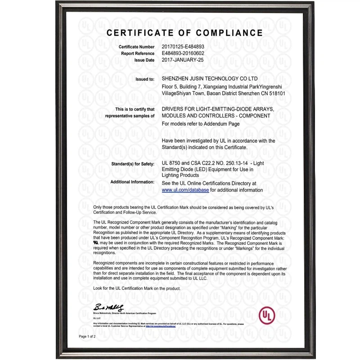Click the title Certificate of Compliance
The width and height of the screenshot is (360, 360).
(184, 33)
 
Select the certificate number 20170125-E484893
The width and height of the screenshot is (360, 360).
(183, 47)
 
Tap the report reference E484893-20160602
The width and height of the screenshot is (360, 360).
(183, 53)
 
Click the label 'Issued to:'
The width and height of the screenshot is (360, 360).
(145, 79)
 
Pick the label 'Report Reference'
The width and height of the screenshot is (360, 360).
(138, 53)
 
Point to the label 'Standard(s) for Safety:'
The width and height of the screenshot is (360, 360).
(133, 163)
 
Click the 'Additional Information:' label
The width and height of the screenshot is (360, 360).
(132, 182)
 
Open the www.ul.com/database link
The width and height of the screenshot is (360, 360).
(185, 190)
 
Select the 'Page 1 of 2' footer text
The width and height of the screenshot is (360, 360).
(87, 336)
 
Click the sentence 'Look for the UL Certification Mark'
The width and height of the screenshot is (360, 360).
(136, 288)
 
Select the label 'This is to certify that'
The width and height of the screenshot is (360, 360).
(135, 109)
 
